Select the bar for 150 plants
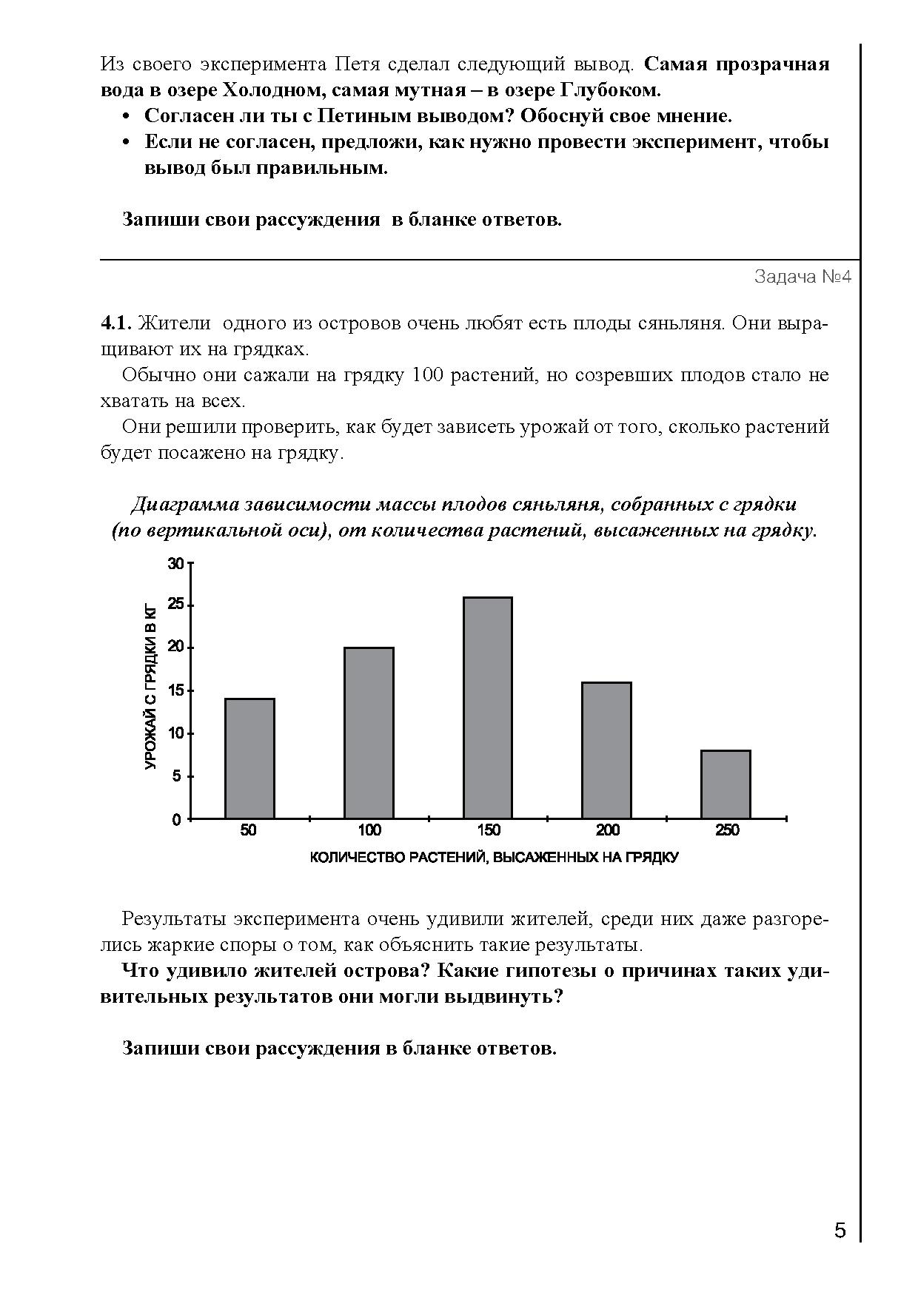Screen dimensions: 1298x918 (x=488, y=707)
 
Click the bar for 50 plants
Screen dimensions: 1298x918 (x=249, y=759)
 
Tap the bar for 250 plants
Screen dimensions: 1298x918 (x=726, y=784)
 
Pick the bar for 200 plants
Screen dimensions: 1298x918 (x=607, y=750)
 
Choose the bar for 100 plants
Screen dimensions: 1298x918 (x=369, y=733)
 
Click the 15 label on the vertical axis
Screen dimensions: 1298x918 (x=175, y=691)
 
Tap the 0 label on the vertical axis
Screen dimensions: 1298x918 (x=177, y=820)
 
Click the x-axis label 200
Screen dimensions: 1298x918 (x=607, y=831)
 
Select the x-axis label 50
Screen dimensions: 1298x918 (x=249, y=831)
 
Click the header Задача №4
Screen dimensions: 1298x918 (x=803, y=277)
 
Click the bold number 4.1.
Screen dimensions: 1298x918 (x=115, y=323)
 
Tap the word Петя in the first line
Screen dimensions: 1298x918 (x=355, y=64)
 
